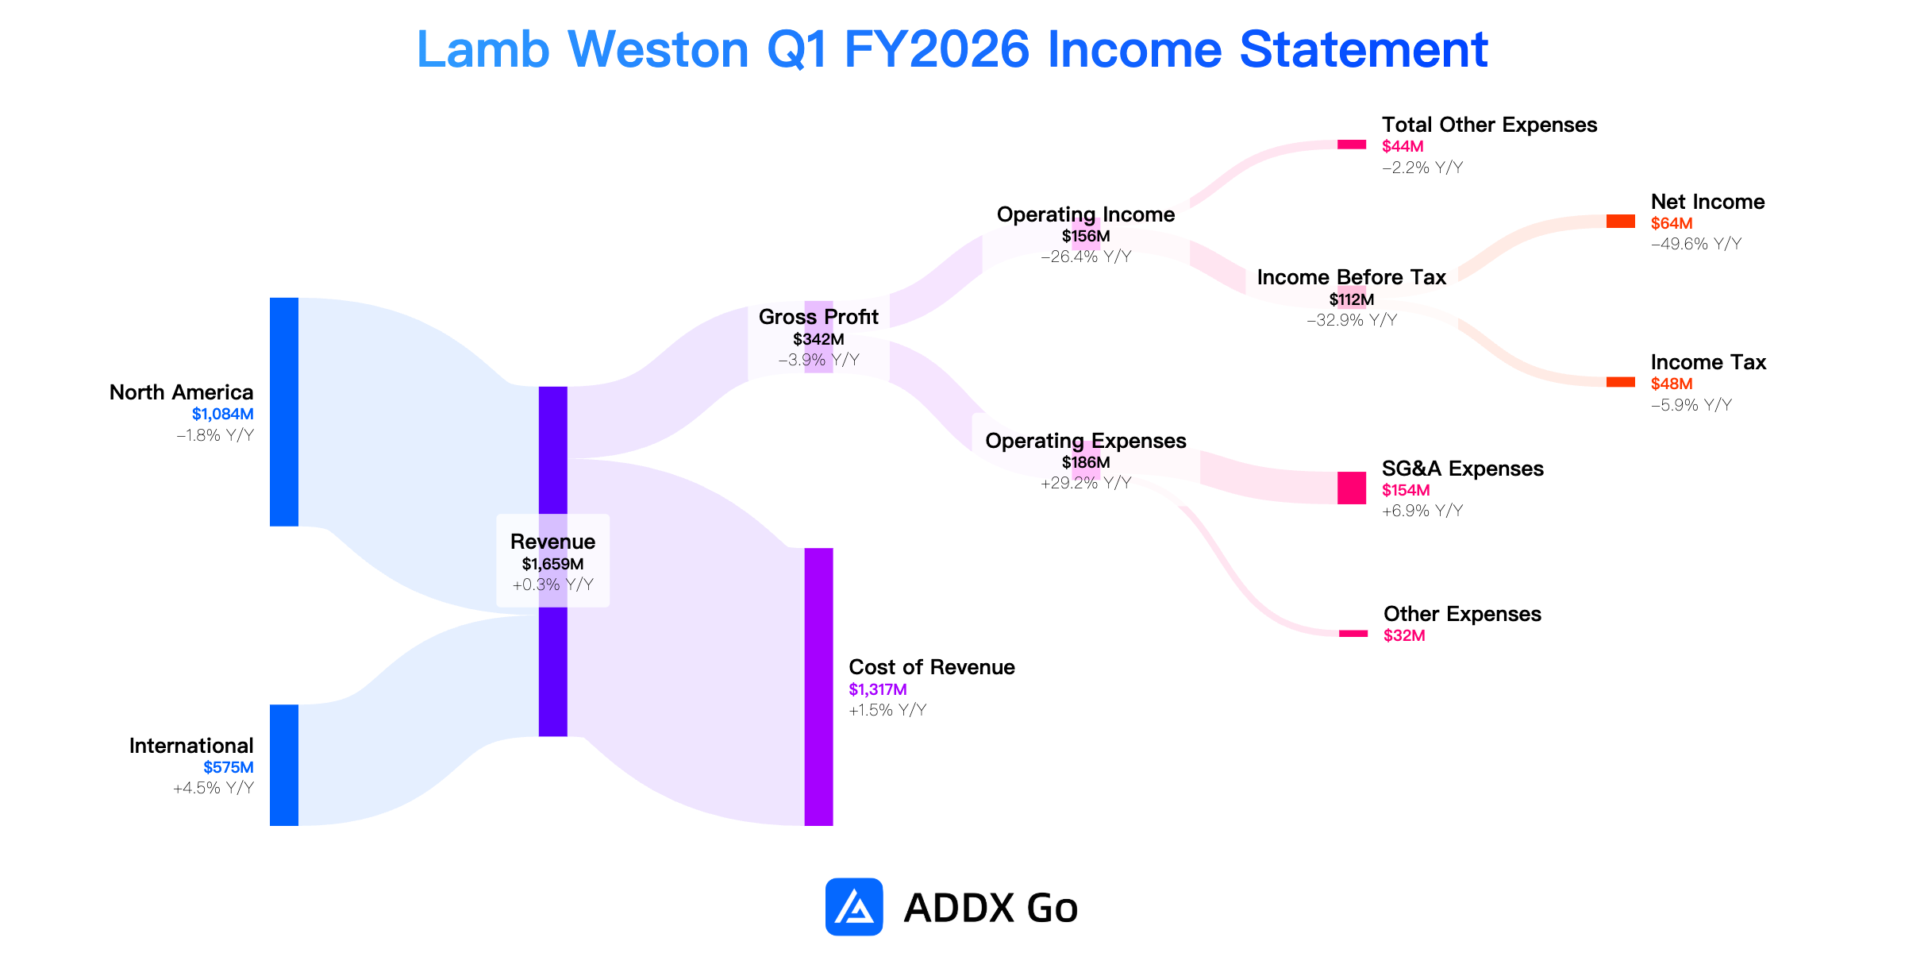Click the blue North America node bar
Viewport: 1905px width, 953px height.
284,411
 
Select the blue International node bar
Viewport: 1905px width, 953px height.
284,765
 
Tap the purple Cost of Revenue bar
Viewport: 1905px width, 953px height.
818,687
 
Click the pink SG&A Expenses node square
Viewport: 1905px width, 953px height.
1352,488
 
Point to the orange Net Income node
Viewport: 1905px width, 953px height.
1620,222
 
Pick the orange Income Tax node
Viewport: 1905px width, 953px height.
1620,382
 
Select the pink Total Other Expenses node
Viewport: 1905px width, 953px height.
1352,145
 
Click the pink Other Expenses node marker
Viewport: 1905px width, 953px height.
1353,634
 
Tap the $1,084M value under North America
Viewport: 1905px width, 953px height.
223,414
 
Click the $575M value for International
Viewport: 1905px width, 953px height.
229,767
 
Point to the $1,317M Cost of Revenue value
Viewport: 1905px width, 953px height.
878,689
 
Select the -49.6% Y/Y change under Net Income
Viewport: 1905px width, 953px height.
1696,244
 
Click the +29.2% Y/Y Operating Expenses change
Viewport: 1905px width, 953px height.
1086,483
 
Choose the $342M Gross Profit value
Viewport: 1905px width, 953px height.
818,339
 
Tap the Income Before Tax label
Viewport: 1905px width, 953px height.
1352,277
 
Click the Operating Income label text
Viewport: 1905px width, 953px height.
1086,214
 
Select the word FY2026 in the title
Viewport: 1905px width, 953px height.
937,49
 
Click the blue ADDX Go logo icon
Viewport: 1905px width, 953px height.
854,907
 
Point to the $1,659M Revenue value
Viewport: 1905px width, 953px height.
552,564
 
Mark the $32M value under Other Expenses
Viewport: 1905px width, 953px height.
1404,635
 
